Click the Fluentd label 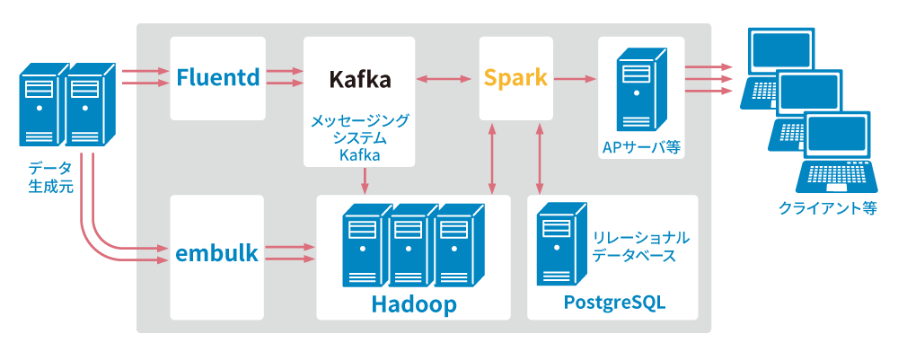point(218,77)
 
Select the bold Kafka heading point(359,79)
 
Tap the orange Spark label point(515,77)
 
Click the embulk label point(218,253)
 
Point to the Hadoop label point(414,304)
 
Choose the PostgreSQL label point(614,303)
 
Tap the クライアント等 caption point(827,208)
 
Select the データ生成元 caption point(50,176)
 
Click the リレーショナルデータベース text point(640,246)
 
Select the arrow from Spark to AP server point(576,79)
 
